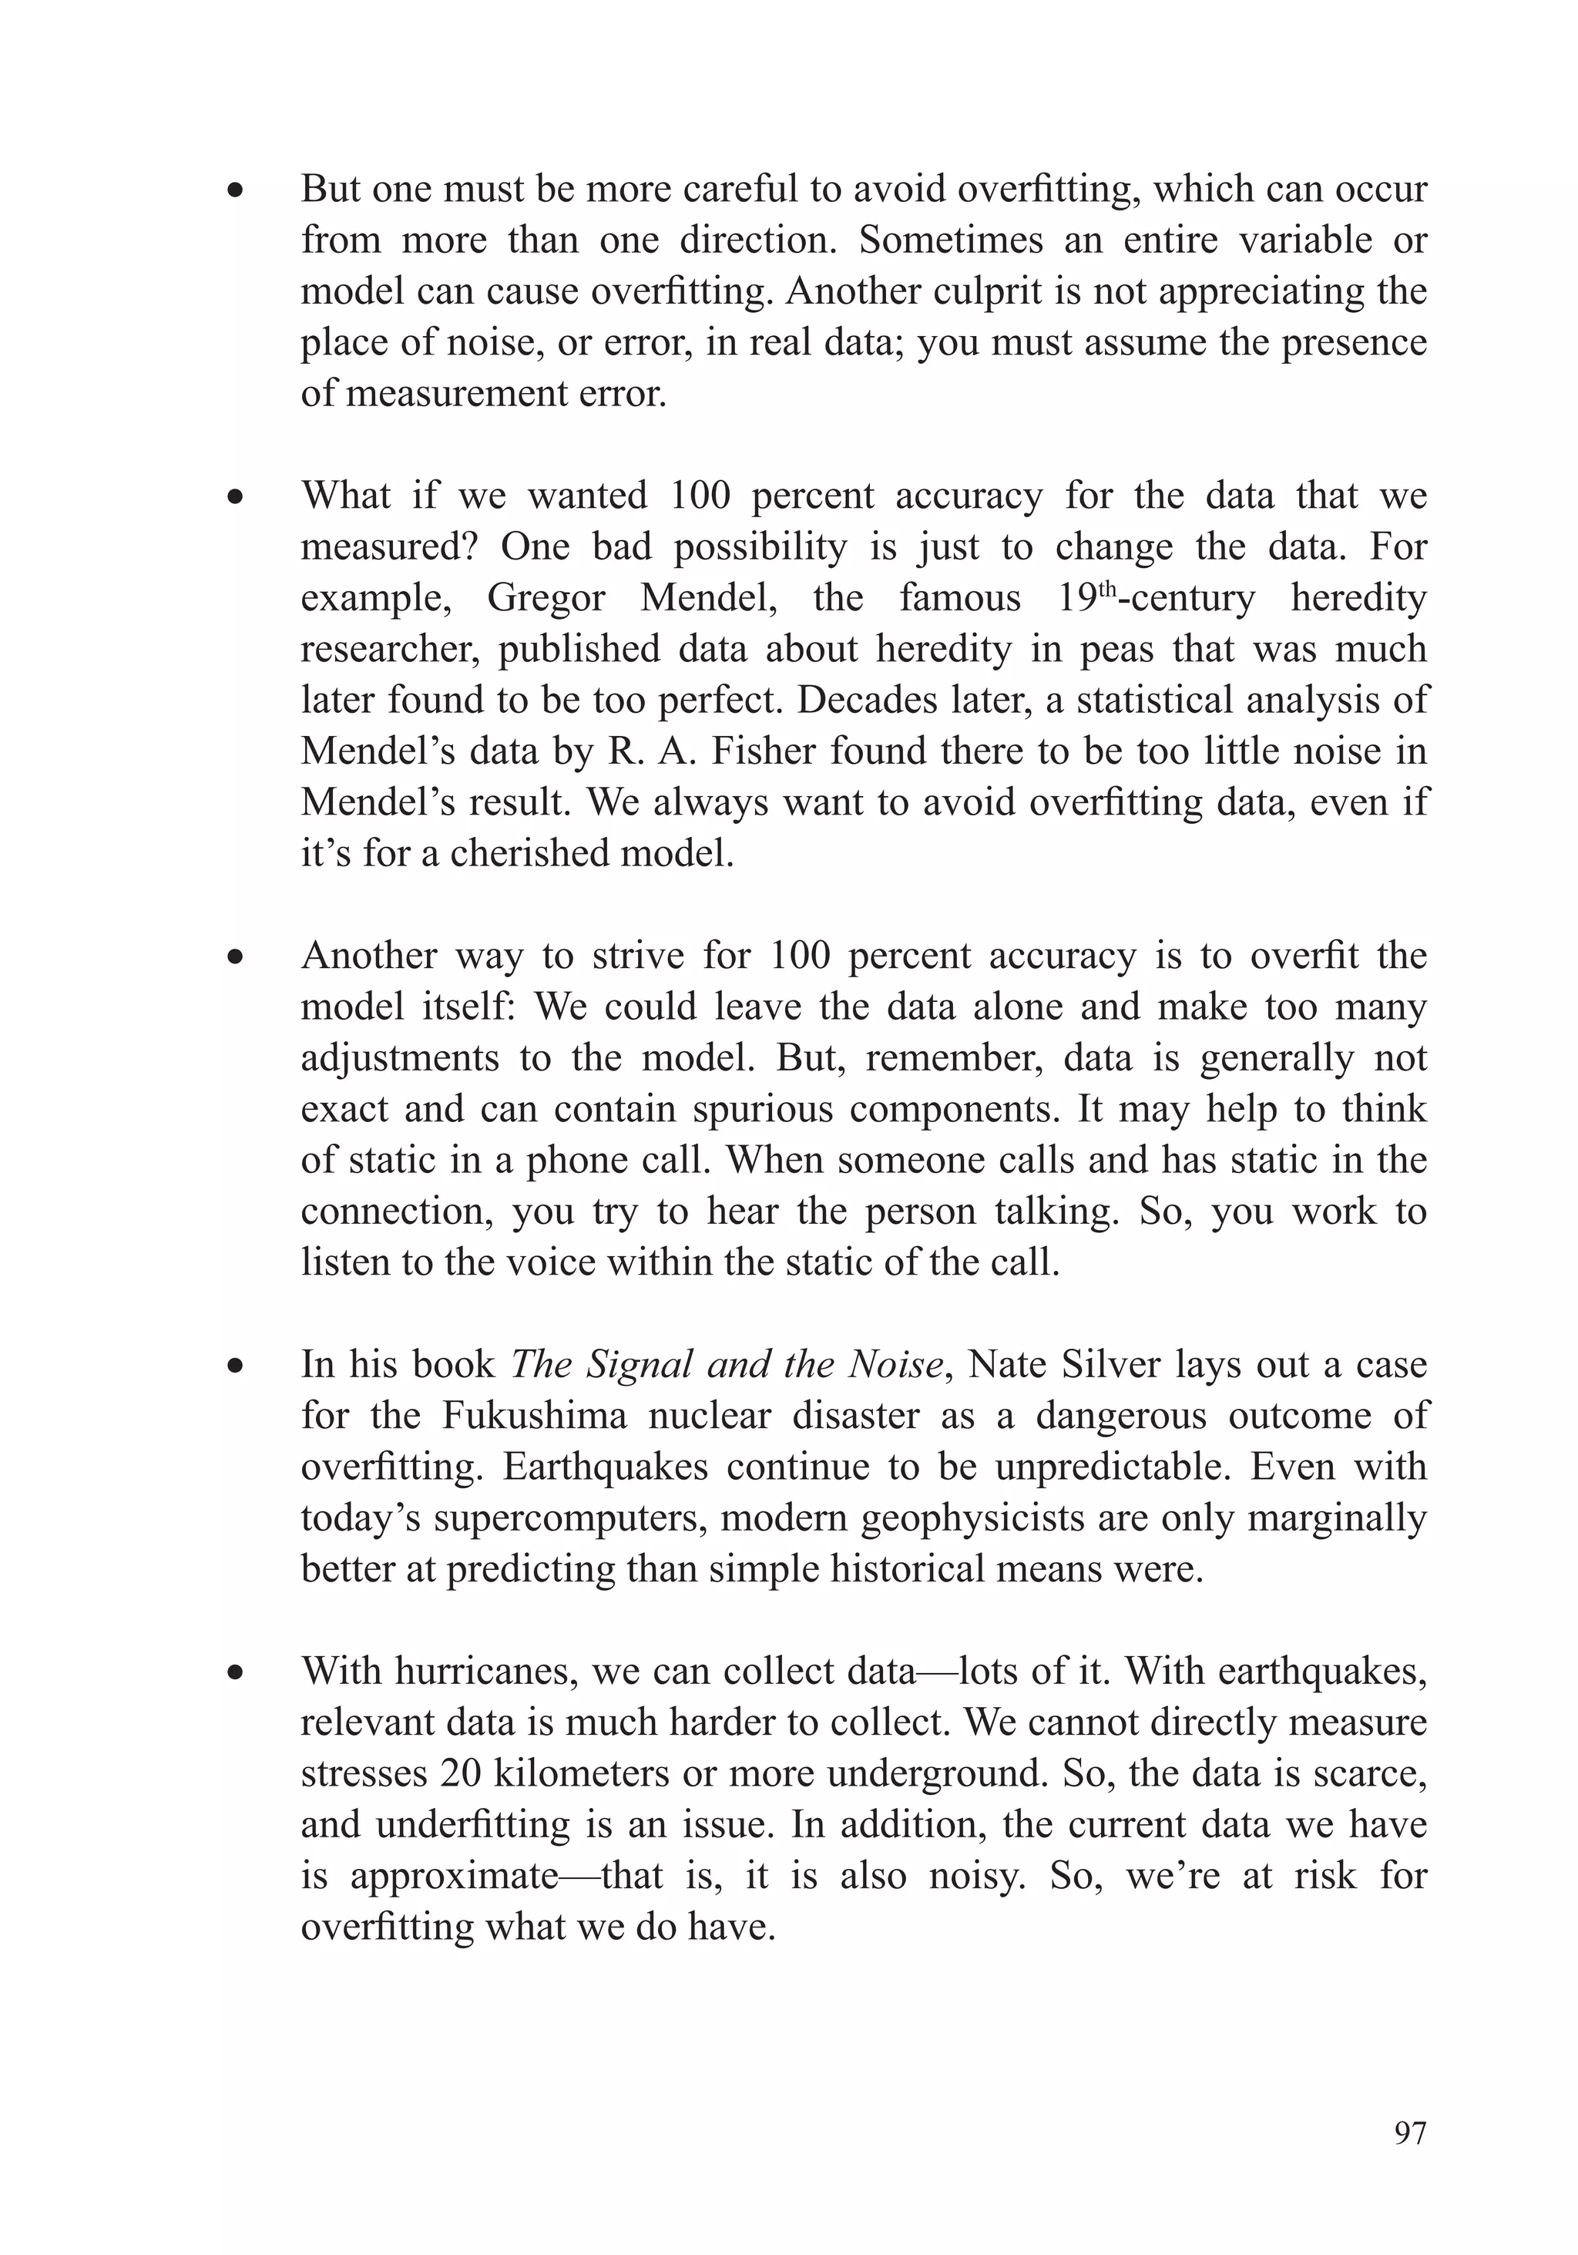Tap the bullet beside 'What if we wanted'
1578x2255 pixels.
click(x=233, y=498)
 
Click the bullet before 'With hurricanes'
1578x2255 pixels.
click(x=233, y=1672)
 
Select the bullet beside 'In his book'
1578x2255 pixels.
click(x=233, y=1366)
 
